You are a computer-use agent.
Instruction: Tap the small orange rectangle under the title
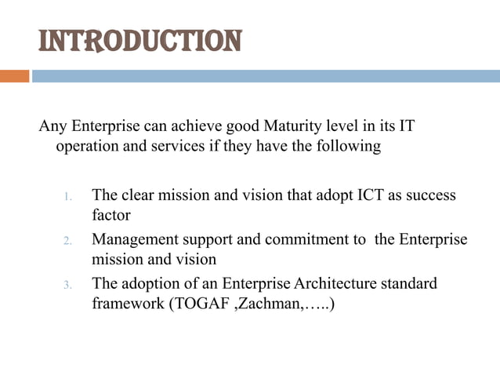[14, 76]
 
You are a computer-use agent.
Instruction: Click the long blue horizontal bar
[266, 76]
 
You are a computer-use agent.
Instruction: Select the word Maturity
[294, 126]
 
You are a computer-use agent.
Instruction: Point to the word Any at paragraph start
[52, 126]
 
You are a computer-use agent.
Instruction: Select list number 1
[68, 196]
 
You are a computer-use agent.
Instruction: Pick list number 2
[68, 240]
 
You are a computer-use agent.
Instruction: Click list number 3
[68, 285]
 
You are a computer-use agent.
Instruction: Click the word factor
[111, 214]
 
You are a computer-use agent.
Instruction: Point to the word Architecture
[342, 282]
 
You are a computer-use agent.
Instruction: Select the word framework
[125, 303]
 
